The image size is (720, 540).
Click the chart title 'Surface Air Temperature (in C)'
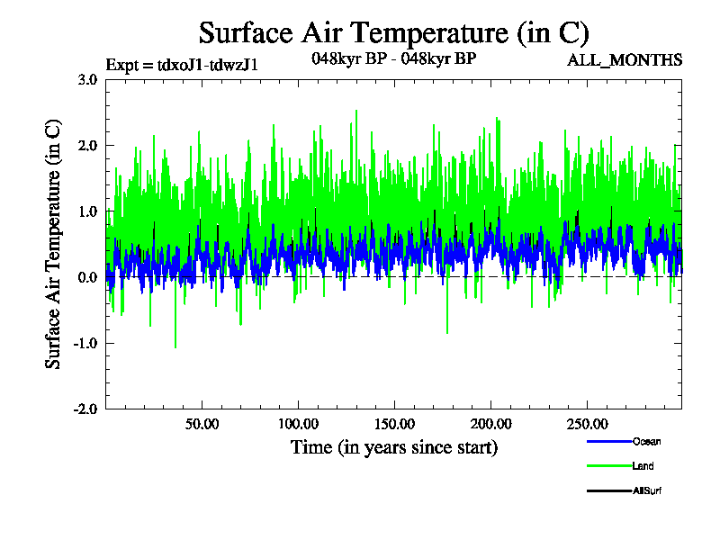(393, 33)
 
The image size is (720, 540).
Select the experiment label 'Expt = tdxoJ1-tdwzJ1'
(182, 64)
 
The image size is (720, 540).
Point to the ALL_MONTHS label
(624, 60)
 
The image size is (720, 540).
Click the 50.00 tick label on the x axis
(203, 424)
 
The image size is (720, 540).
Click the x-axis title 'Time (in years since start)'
(393, 446)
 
